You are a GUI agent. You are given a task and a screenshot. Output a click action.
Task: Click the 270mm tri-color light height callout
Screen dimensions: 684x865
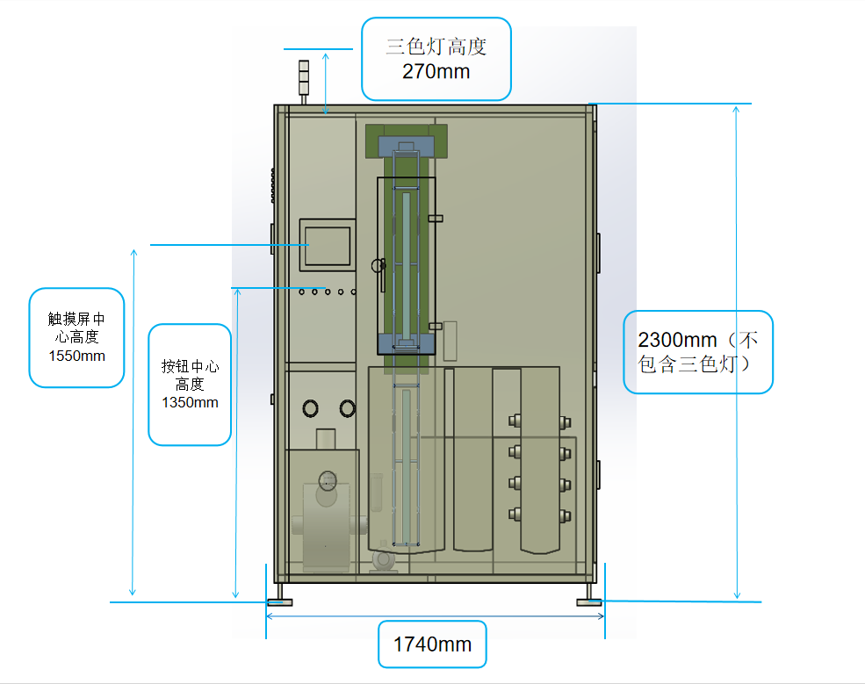tap(436, 59)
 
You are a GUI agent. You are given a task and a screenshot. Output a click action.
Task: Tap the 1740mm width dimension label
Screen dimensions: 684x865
tap(432, 644)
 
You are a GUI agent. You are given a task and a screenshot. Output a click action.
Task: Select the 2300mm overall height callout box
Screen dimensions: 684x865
tap(698, 351)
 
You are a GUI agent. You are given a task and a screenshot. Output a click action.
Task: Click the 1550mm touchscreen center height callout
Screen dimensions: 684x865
tap(77, 337)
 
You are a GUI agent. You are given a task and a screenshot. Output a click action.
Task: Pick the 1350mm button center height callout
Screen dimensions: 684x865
tap(190, 384)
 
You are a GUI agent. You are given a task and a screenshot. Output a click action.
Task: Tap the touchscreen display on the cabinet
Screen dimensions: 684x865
tap(328, 244)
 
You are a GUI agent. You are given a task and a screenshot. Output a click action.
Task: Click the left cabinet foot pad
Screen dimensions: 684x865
tap(280, 601)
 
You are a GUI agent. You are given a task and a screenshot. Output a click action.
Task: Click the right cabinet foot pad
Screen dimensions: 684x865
tap(588, 601)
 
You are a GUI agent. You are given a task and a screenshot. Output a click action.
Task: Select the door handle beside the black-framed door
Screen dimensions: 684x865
tap(380, 272)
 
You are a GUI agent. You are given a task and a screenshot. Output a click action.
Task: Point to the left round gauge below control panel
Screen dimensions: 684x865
tap(312, 407)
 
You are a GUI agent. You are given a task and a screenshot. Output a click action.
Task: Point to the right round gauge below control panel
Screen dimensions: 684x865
tap(348, 407)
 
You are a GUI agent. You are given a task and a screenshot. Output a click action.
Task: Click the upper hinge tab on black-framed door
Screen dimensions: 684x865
tap(435, 218)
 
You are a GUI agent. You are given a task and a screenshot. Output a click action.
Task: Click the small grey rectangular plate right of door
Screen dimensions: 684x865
tap(450, 341)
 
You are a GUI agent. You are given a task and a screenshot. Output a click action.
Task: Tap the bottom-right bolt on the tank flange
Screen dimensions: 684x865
tap(563, 514)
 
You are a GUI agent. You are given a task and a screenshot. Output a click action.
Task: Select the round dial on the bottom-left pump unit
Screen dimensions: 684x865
tap(328, 480)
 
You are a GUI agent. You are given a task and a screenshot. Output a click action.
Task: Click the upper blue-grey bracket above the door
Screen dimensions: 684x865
tap(406, 145)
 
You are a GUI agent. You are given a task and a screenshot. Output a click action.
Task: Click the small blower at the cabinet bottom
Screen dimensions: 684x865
tap(384, 559)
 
